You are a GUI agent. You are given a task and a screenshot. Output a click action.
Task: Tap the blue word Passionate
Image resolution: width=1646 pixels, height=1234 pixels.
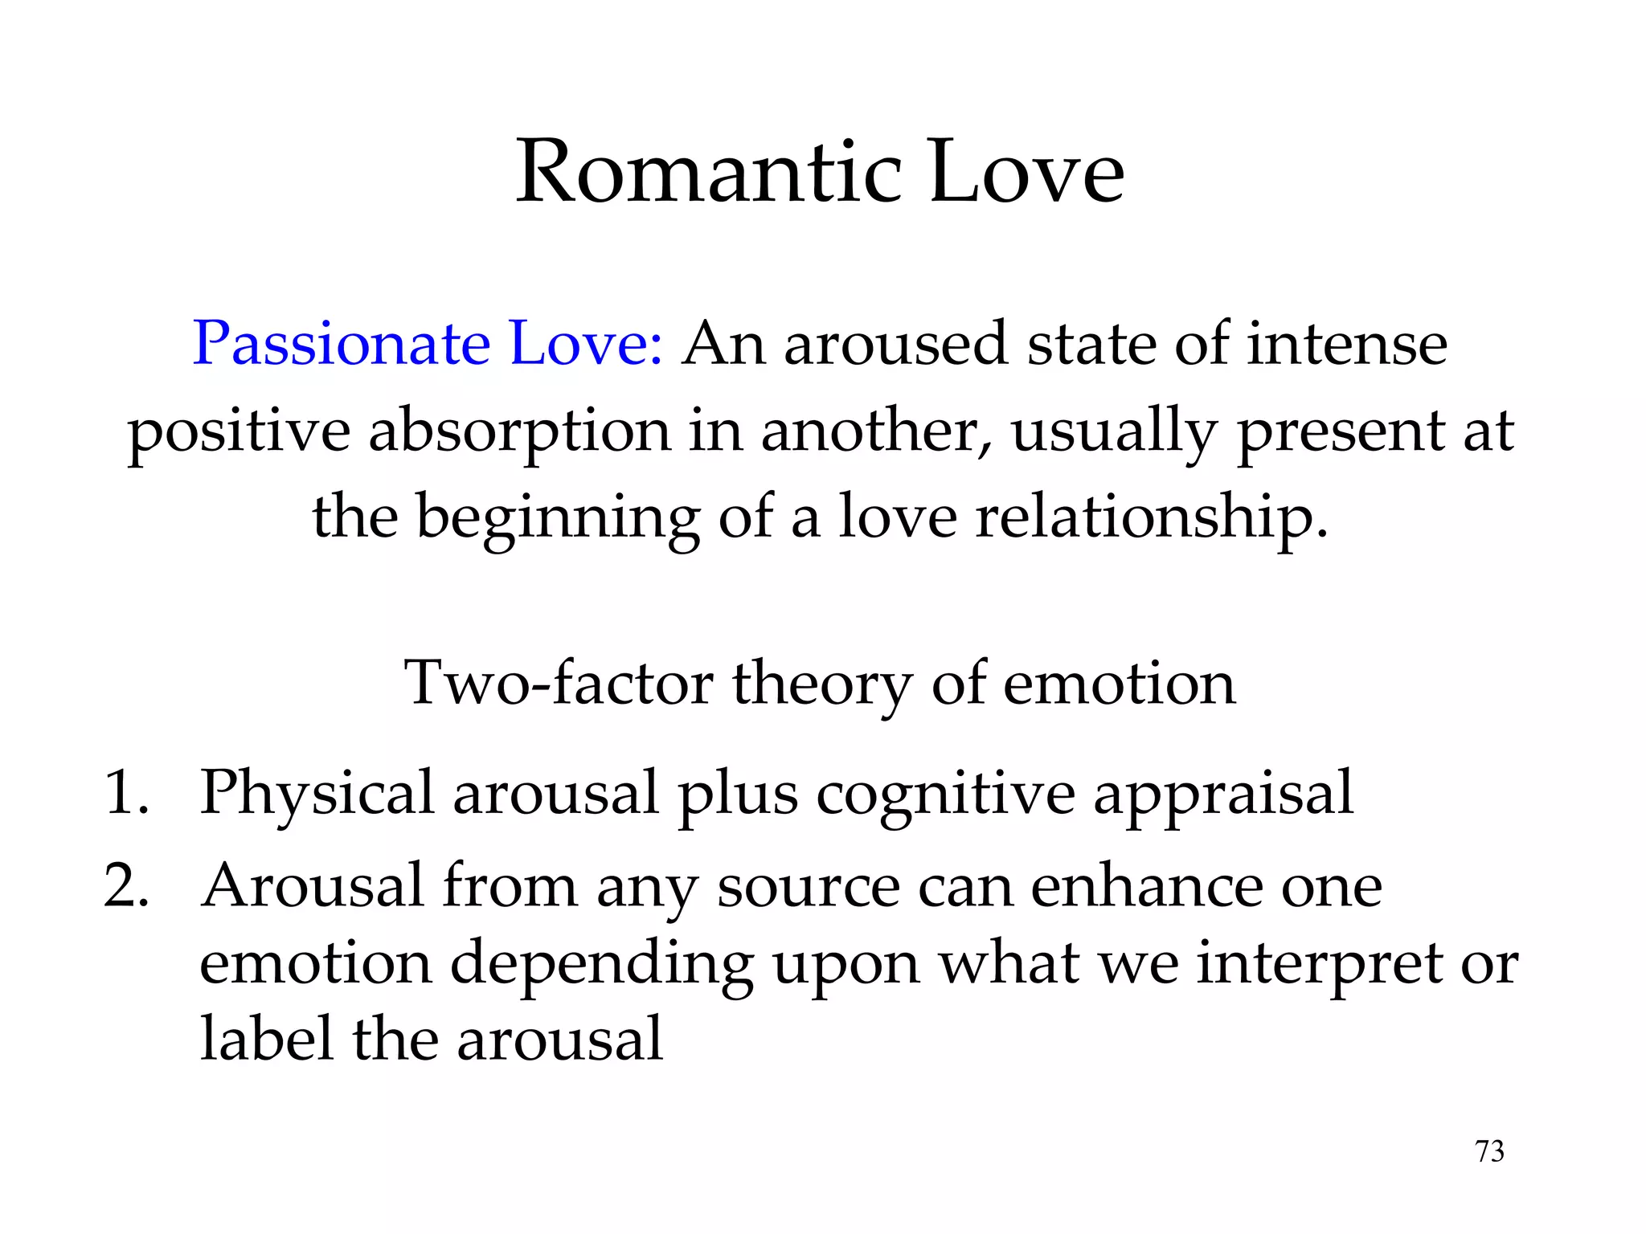[x=341, y=344]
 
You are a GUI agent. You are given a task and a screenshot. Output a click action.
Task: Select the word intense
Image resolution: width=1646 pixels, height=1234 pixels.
[x=1347, y=344]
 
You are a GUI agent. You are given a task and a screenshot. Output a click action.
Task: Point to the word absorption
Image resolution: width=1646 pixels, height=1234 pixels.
[x=519, y=432]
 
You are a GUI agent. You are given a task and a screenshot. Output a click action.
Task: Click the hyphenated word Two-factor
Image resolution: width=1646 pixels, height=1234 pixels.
[x=559, y=684]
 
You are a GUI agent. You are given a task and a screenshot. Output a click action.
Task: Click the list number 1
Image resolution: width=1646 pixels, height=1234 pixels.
[x=126, y=793]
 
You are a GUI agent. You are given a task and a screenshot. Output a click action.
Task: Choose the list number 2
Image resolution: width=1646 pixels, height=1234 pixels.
[x=126, y=887]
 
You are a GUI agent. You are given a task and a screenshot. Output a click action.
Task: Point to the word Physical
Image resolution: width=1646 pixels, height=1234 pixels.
[x=317, y=794]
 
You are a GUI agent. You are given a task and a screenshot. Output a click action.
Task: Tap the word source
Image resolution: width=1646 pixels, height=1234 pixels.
[x=809, y=887]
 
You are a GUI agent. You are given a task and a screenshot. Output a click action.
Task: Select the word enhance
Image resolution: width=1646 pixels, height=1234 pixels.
[x=1146, y=885]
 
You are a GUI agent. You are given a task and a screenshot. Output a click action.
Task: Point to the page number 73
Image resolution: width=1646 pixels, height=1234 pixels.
[x=1489, y=1152]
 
